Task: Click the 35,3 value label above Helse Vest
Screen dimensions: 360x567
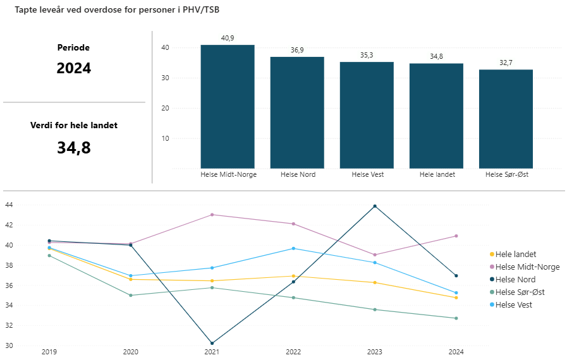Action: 367,56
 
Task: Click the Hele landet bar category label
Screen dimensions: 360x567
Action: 436,175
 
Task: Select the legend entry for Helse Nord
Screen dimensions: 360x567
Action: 515,279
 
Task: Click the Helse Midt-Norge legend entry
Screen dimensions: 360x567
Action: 527,267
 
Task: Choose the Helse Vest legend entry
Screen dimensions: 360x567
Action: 513,304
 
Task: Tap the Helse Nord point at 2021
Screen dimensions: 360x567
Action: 212,343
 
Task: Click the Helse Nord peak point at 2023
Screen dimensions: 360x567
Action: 375,206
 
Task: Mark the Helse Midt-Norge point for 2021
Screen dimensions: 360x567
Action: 212,215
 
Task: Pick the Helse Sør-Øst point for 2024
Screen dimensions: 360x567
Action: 456,318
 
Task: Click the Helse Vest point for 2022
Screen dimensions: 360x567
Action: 293,248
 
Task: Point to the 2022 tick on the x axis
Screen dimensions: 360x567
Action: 293,352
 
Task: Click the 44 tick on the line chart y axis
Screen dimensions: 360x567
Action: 8,205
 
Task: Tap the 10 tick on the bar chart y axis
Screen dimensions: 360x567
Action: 164,138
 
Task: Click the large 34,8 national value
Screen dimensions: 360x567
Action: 73,148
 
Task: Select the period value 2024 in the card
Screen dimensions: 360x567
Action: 73,68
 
